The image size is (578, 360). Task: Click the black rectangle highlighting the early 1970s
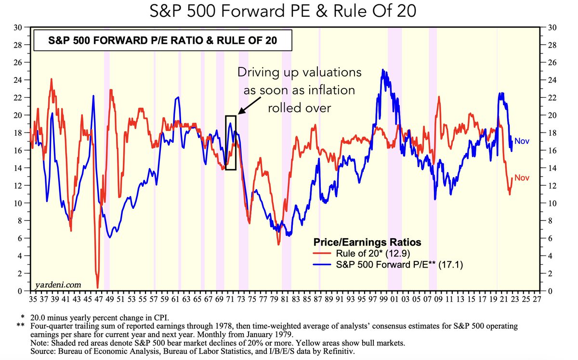[x=231, y=142]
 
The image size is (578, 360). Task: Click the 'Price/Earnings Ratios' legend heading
[x=367, y=242]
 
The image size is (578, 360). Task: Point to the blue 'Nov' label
[x=522, y=141]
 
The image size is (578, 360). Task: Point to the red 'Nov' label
[x=522, y=178]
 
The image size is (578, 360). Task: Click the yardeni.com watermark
[x=58, y=285]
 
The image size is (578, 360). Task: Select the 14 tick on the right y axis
[x=550, y=168]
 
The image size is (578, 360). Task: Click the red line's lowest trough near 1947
[x=98, y=287]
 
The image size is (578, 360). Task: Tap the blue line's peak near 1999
[x=383, y=70]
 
